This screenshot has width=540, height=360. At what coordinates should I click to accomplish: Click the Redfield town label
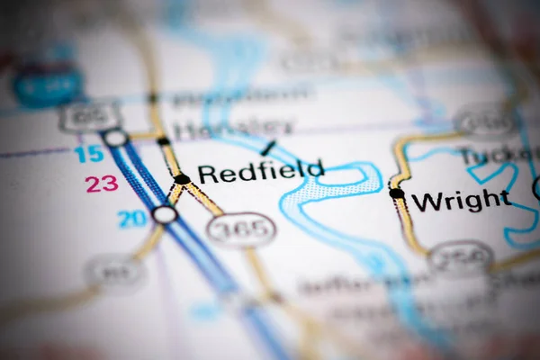(x=260, y=171)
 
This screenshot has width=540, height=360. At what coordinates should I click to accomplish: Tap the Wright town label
(x=461, y=200)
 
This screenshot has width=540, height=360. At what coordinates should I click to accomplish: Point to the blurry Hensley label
(x=233, y=129)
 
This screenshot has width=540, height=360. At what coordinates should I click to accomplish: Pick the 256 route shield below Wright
(x=460, y=257)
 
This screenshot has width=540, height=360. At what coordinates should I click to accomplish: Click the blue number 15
(x=88, y=154)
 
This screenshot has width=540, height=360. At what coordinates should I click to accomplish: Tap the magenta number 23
(x=102, y=184)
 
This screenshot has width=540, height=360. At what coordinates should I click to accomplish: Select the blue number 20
(x=131, y=218)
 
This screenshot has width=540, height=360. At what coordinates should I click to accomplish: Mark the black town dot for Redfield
(x=182, y=179)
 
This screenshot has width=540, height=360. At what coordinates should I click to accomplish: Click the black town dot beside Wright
(x=396, y=193)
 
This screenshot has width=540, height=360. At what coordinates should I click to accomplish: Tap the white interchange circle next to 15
(x=115, y=138)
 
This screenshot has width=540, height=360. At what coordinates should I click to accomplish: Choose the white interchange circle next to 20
(x=164, y=214)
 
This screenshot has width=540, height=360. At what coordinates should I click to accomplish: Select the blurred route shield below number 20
(x=115, y=271)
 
